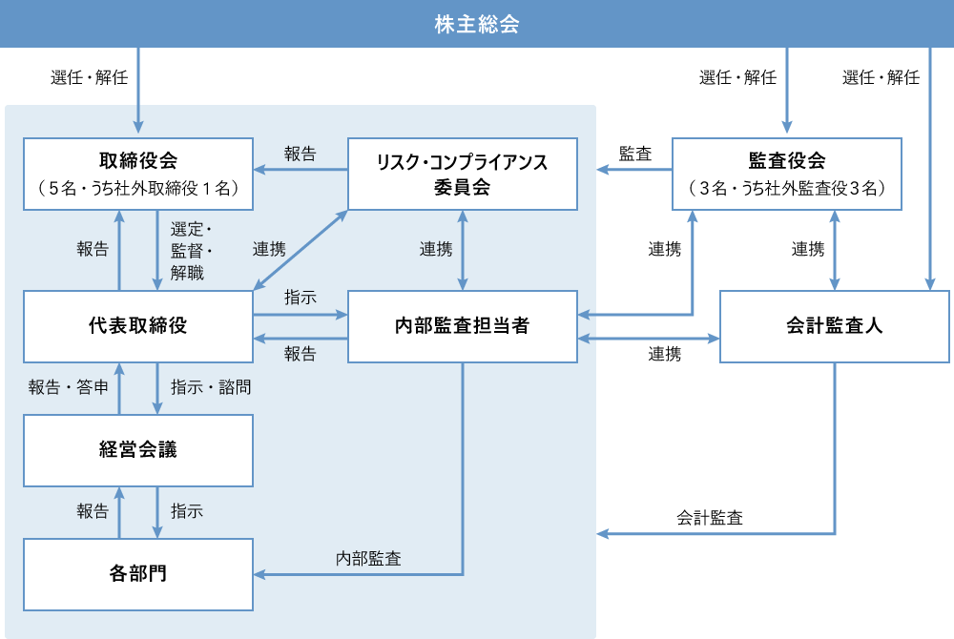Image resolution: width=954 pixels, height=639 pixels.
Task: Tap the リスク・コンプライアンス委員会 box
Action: [462, 174]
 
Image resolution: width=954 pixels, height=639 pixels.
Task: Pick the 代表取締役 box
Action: [138, 326]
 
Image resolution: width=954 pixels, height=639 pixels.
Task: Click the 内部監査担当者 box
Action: [462, 326]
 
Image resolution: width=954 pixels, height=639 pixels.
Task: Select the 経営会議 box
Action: [138, 450]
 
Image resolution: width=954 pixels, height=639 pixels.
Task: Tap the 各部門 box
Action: [138, 574]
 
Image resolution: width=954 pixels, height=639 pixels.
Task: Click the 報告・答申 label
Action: [68, 387]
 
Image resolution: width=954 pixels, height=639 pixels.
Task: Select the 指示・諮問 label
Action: [211, 387]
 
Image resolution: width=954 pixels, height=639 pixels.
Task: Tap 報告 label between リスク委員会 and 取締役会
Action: [300, 154]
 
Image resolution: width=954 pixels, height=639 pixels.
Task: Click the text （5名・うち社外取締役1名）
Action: [138, 188]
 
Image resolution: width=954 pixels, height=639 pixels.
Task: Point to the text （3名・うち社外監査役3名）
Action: [786, 188]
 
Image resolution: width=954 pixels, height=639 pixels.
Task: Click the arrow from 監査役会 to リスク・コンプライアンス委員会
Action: [634, 171]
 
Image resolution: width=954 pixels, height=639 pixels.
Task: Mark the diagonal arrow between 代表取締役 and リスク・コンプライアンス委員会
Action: [300, 250]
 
